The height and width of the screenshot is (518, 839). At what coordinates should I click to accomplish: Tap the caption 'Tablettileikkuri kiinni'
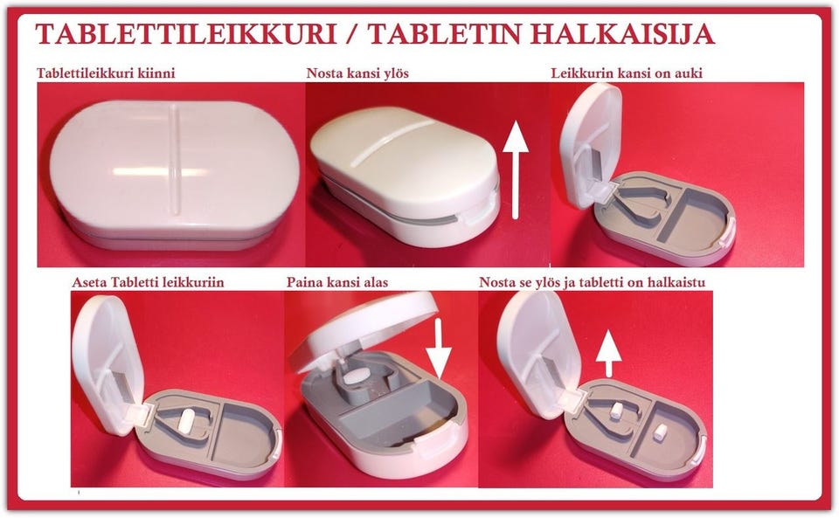pyautogui.click(x=106, y=73)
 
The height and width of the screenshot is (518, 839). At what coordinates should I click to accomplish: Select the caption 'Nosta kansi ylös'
pyautogui.click(x=357, y=73)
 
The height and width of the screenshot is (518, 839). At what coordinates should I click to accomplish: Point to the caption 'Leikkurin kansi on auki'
pyautogui.click(x=627, y=73)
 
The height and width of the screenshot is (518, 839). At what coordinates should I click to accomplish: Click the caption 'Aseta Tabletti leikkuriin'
pyautogui.click(x=149, y=282)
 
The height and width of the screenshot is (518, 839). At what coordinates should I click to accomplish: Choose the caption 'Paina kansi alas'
pyautogui.click(x=337, y=282)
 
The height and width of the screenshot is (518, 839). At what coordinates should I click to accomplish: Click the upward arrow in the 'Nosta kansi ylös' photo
pyautogui.click(x=516, y=169)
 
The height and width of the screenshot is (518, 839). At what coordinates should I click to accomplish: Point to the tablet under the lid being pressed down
pyautogui.click(x=358, y=376)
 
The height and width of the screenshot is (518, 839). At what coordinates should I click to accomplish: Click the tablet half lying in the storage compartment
pyautogui.click(x=660, y=432)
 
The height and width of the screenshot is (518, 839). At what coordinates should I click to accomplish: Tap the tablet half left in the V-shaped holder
pyautogui.click(x=616, y=410)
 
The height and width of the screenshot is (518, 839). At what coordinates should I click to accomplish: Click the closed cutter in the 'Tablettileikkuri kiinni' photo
pyautogui.click(x=175, y=175)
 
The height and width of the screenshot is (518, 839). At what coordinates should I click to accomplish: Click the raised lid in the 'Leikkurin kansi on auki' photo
pyautogui.click(x=591, y=144)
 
